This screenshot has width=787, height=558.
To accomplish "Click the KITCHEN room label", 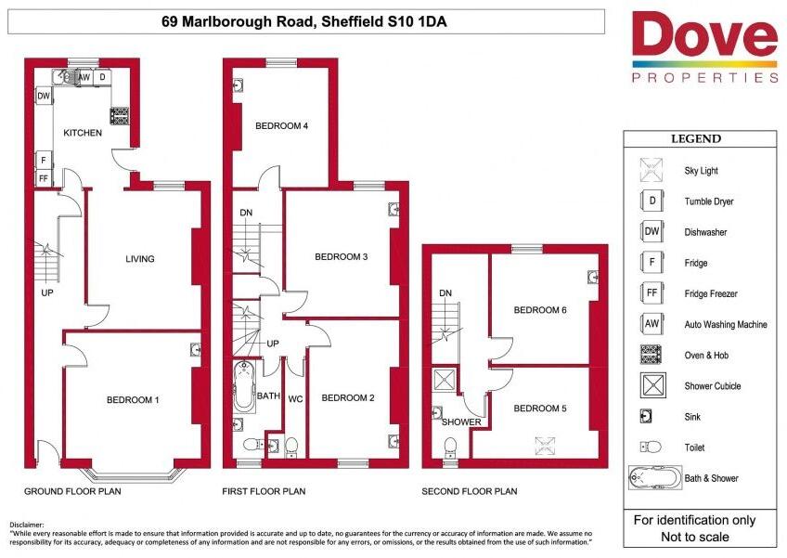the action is pyautogui.click(x=83, y=133).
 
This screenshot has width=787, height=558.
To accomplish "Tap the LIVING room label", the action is pyautogui.click(x=140, y=259).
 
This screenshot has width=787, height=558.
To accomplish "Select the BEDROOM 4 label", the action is pyautogui.click(x=281, y=125).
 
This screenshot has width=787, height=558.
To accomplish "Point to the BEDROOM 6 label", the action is pyautogui.click(x=540, y=310).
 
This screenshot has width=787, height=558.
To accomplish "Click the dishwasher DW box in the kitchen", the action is pyautogui.click(x=45, y=96).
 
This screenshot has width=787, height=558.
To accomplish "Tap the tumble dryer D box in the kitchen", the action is pyautogui.click(x=102, y=77).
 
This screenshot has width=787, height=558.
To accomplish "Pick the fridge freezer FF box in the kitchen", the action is pyautogui.click(x=44, y=177).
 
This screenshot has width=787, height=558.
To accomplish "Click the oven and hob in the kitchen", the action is pyautogui.click(x=120, y=116).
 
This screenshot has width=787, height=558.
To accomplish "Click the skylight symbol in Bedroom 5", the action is pyautogui.click(x=545, y=446).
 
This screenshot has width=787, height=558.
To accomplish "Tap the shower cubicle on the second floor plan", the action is pyautogui.click(x=445, y=379).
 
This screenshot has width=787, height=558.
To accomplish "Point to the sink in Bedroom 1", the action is pyautogui.click(x=196, y=349).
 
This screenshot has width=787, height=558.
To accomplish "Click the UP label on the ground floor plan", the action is pyautogui.click(x=47, y=292).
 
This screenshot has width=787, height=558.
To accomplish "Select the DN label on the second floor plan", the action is pyautogui.click(x=445, y=292).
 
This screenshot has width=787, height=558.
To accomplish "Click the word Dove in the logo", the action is pyautogui.click(x=704, y=34).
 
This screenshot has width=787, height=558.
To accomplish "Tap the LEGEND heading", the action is pyautogui.click(x=696, y=138).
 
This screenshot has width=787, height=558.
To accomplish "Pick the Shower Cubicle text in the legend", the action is pyautogui.click(x=712, y=385).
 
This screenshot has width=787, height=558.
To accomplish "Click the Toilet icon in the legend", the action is pyautogui.click(x=651, y=447).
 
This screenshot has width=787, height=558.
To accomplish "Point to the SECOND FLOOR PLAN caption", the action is pyautogui.click(x=470, y=491).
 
